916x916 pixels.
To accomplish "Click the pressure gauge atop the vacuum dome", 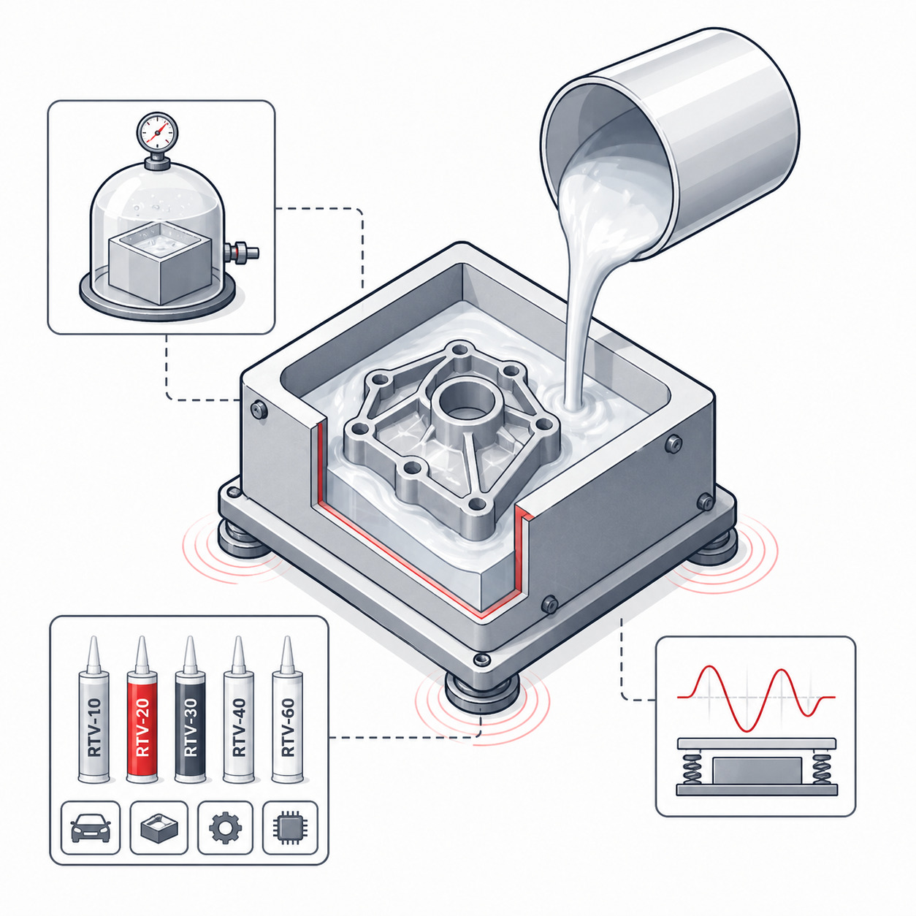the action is coord(157,130).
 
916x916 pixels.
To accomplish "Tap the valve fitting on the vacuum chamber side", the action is coord(242,251).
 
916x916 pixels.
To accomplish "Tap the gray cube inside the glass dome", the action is coord(160,263).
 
